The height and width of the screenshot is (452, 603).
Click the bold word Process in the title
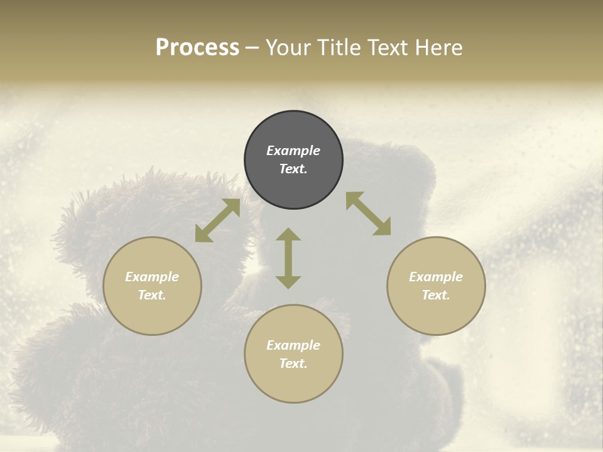(x=197, y=48)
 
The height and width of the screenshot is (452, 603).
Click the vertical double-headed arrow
(x=288, y=258)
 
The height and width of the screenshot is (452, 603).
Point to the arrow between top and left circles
(x=217, y=220)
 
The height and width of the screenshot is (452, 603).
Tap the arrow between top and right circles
(x=368, y=213)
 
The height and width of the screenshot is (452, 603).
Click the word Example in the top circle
(x=293, y=151)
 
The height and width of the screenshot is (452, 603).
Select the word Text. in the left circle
(x=152, y=295)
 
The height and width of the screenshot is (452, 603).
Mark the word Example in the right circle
(x=436, y=277)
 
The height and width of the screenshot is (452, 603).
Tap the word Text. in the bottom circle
(x=293, y=363)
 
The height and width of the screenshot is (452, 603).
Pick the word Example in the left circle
(x=152, y=277)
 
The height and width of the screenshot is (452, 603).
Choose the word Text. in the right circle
(x=436, y=295)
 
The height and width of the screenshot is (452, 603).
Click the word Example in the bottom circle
(x=293, y=345)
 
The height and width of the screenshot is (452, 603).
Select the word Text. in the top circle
(x=293, y=169)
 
